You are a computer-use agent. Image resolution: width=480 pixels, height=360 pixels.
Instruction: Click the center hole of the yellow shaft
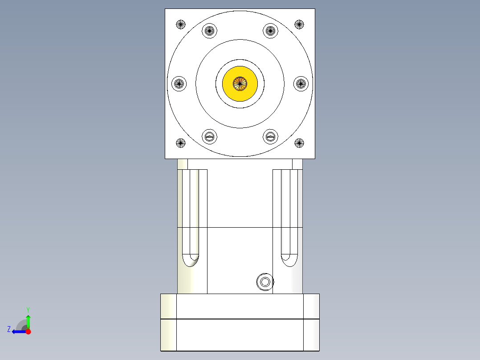click(240, 83)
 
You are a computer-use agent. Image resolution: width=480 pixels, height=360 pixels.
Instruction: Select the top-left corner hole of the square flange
click(180, 24)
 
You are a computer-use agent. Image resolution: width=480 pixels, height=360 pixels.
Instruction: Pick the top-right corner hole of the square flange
click(299, 24)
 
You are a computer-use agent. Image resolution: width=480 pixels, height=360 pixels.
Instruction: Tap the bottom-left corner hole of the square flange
click(180, 143)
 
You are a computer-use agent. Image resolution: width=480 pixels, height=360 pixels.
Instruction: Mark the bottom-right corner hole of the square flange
click(299, 143)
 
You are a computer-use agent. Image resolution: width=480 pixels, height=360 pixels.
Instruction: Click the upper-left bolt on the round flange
click(210, 31)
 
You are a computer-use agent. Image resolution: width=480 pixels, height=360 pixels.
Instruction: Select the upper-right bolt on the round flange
click(270, 31)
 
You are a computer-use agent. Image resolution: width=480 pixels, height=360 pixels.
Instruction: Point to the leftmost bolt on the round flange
click(179, 83)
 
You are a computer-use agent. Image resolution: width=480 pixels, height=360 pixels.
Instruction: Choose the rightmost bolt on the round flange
click(301, 83)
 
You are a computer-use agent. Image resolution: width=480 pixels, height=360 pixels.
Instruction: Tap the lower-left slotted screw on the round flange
click(210, 136)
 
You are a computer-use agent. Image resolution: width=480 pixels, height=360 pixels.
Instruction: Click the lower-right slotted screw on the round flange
click(270, 136)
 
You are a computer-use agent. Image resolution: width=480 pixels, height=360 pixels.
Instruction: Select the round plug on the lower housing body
click(264, 282)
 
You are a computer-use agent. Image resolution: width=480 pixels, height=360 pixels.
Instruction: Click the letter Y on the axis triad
click(28, 309)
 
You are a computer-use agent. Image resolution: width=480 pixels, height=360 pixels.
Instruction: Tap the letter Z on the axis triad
click(9, 329)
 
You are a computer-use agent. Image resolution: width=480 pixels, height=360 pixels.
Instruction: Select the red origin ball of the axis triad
click(28, 331)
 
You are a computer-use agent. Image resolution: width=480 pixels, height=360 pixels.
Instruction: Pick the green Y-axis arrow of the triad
click(28, 321)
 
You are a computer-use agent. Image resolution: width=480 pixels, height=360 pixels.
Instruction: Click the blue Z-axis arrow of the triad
click(18, 331)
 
